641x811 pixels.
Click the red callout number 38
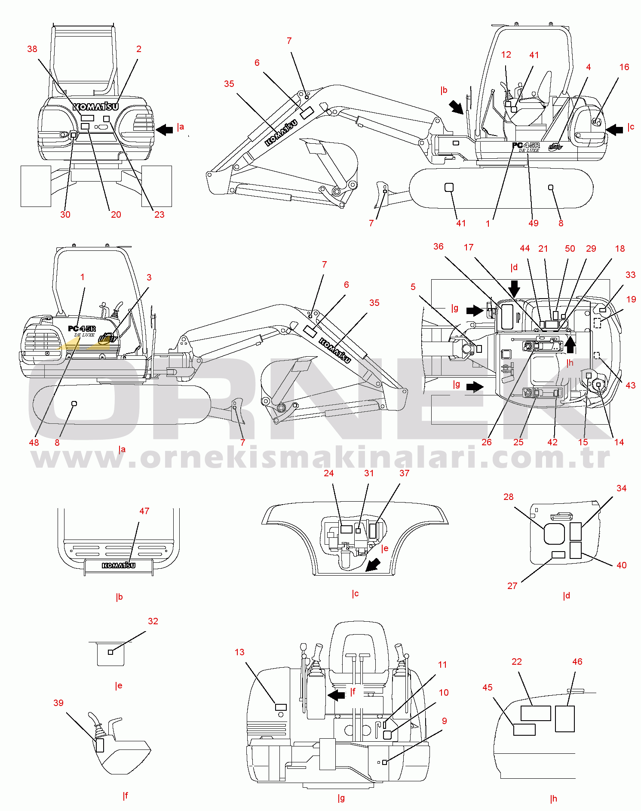[32, 49]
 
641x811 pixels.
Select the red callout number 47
[144, 511]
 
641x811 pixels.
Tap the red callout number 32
[153, 621]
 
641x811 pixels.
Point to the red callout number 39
[58, 703]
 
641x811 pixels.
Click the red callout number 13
[239, 652]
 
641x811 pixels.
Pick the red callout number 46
[577, 662]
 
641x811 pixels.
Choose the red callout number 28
[509, 497]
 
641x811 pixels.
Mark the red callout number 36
[439, 247]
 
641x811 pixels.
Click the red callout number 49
[534, 223]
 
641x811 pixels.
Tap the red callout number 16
[624, 67]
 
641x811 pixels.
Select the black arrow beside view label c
[614, 129]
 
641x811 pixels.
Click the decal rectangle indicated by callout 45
[524, 730]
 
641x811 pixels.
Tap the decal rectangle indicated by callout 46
[565, 718]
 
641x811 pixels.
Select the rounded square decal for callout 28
[554, 534]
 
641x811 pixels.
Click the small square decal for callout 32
[110, 652]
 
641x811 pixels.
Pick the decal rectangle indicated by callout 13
[281, 707]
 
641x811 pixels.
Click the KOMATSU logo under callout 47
[119, 565]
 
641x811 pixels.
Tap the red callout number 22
[517, 662]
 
